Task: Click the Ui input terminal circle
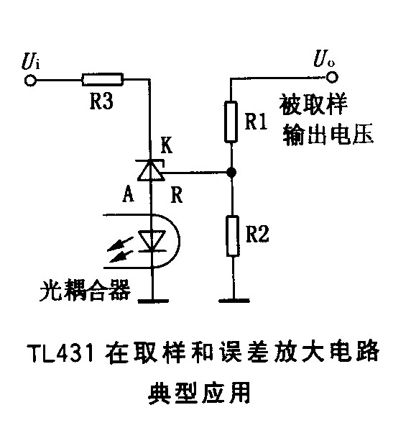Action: (x=29, y=81)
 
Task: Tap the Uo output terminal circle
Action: (x=331, y=79)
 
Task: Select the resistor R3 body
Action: (x=102, y=80)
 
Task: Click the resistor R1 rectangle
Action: (x=231, y=120)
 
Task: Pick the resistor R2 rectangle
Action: (x=231, y=235)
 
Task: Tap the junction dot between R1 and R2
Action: (x=231, y=173)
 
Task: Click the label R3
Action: (x=101, y=103)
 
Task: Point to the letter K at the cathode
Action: (x=166, y=145)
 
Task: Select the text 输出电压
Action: (x=328, y=135)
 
